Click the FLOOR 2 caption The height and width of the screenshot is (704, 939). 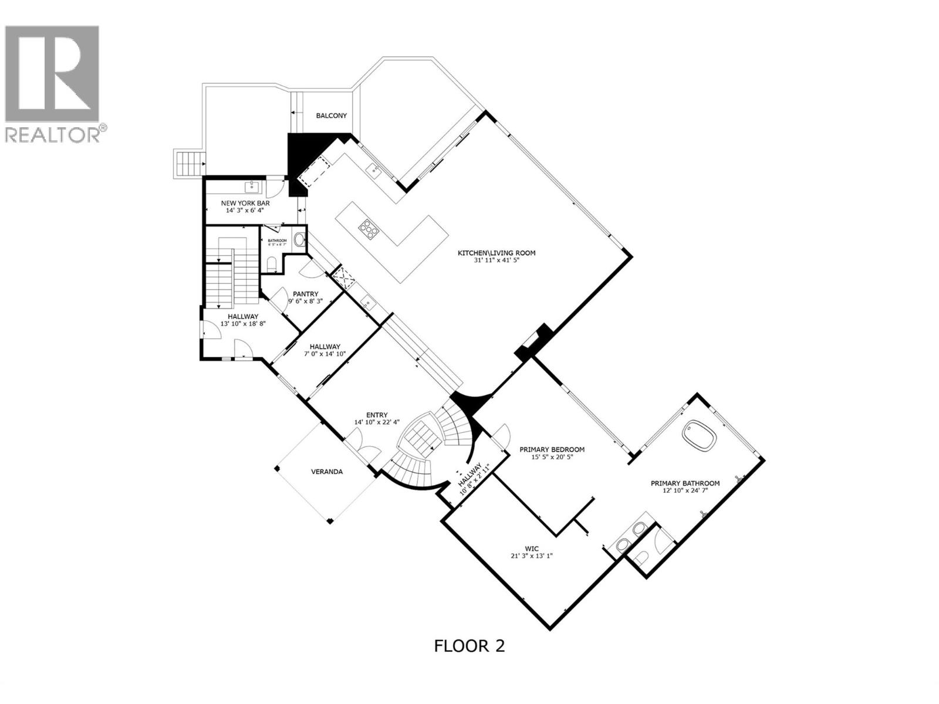pyautogui.click(x=469, y=646)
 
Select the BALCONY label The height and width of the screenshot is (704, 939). pyautogui.click(x=331, y=116)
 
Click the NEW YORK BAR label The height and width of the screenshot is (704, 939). pyautogui.click(x=245, y=203)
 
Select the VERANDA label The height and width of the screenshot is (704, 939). pyautogui.click(x=326, y=471)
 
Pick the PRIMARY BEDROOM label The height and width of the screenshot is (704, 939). pyautogui.click(x=552, y=450)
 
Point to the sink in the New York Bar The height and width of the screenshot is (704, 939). pyautogui.click(x=253, y=187)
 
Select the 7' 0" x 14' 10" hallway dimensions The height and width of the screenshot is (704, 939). pyautogui.click(x=325, y=354)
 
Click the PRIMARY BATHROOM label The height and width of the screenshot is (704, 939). pyautogui.click(x=685, y=483)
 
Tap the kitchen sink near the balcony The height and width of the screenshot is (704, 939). pyautogui.click(x=372, y=171)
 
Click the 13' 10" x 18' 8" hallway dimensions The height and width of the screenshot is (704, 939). pyautogui.click(x=243, y=323)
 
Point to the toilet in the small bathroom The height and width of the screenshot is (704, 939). pyautogui.click(x=271, y=266)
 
